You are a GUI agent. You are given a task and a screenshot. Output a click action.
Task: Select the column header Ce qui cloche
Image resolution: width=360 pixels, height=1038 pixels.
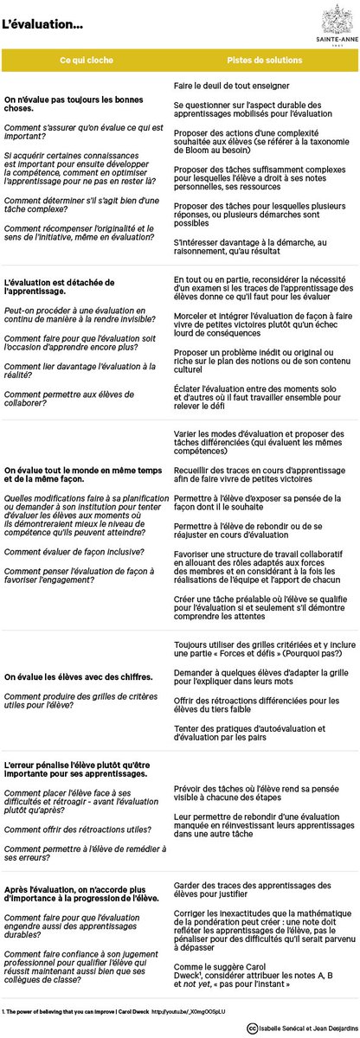(x=89, y=60)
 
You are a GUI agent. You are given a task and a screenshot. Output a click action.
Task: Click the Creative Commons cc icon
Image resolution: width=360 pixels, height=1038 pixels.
(x=251, y=1028)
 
